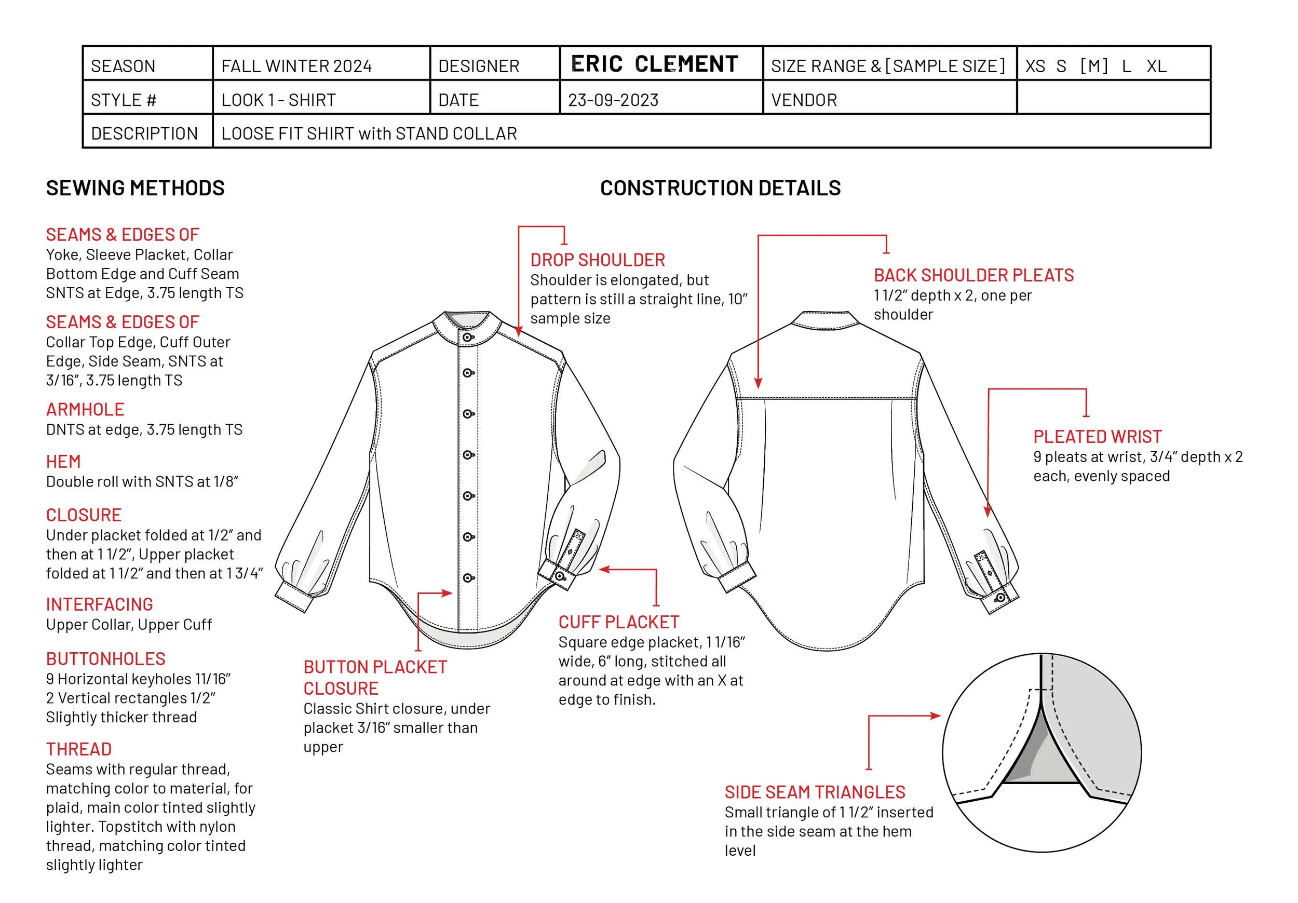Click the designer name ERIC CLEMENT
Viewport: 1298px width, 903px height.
(654, 64)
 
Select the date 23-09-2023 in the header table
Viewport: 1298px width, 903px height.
(613, 100)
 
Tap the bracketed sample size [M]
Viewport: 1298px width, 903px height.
(1093, 66)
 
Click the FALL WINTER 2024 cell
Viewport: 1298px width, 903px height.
(296, 66)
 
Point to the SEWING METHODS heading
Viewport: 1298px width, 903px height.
(135, 188)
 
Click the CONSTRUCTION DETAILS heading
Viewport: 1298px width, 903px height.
(720, 188)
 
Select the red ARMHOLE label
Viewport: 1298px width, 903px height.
(85, 409)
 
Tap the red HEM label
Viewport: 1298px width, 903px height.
(63, 462)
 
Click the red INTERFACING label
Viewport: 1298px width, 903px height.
(99, 604)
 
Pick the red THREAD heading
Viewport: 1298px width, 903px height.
(78, 749)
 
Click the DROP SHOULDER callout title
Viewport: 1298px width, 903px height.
(597, 260)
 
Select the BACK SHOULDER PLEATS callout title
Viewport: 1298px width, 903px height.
(973, 275)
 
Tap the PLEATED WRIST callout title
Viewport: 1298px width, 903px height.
(1097, 437)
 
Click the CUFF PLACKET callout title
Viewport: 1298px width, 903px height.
(618, 622)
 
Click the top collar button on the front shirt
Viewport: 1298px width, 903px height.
(467, 338)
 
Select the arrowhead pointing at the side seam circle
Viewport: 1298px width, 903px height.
(935, 716)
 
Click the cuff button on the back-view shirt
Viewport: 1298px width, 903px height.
(1000, 598)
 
